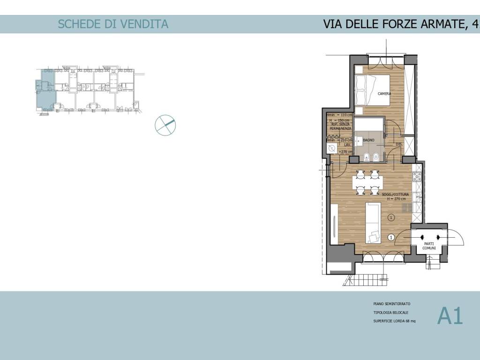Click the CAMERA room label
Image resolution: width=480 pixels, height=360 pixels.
[384, 94]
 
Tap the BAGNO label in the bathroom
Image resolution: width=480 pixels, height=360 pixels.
[367, 140]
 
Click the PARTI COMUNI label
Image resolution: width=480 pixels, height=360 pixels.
[429, 246]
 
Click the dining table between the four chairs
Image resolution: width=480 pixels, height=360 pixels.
[367, 182]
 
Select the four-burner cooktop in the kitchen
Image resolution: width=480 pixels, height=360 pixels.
[417, 177]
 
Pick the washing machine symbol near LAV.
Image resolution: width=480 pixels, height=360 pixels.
[332, 149]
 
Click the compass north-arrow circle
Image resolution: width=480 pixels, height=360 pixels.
[165, 125]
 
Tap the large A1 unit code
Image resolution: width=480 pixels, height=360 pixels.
[450, 316]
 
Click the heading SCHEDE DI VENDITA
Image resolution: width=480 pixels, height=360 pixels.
[112, 24]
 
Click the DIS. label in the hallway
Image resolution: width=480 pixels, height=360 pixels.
[399, 144]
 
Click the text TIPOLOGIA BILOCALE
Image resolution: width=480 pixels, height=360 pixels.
[391, 313]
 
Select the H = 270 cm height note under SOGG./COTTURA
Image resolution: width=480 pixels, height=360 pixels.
[396, 199]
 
